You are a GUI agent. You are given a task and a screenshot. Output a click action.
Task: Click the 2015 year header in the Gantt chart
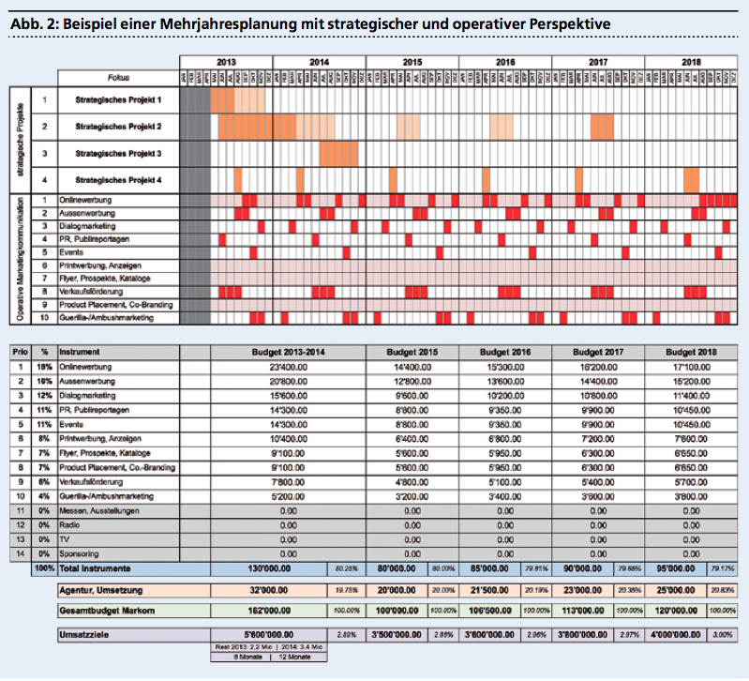pos(412,61)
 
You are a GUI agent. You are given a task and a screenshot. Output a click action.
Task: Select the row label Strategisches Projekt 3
pos(118,153)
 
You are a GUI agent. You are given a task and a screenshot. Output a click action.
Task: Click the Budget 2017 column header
pos(597,351)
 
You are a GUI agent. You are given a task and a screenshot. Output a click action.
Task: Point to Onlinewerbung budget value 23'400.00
pos(271,366)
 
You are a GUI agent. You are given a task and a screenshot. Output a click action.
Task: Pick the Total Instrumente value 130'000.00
pos(271,568)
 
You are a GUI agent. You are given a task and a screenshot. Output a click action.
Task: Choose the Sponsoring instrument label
pos(80,554)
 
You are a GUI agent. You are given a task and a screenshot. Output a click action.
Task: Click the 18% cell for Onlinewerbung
pos(43,366)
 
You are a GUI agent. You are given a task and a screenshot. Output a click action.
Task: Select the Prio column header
pos(20,351)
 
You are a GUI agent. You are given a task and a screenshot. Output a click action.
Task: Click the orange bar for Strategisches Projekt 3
pos(338,153)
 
